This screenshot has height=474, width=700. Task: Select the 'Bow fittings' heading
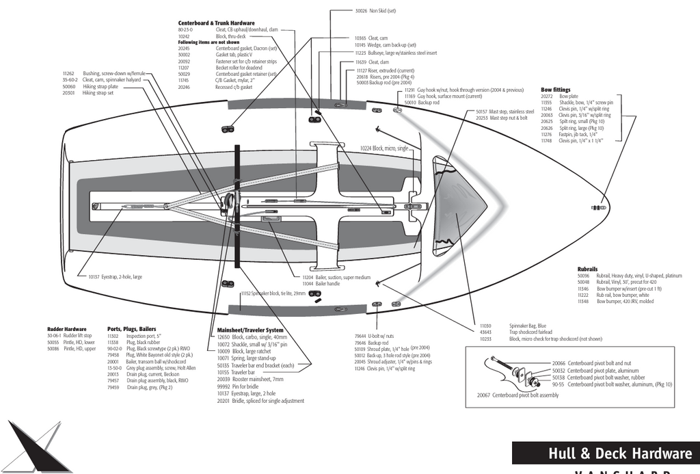555,90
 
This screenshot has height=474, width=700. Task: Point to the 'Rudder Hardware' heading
66,329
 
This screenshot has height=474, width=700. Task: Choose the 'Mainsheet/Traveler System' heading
245,330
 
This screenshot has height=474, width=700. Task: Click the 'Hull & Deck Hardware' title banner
619,453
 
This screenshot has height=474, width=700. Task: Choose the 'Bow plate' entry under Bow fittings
569,97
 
